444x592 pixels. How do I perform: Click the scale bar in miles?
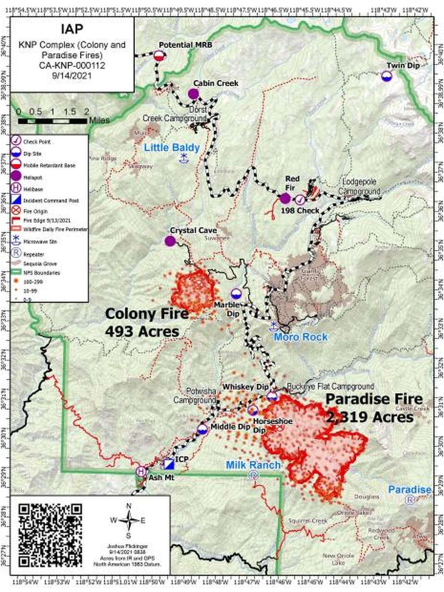(52, 121)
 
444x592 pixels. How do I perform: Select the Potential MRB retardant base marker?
(159, 55)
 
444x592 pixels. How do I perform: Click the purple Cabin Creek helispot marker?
(193, 94)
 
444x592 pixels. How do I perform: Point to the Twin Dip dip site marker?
(387, 76)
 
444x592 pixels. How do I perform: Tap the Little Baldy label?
(172, 148)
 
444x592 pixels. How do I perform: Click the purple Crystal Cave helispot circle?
(170, 241)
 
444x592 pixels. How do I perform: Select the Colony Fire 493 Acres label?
(147, 322)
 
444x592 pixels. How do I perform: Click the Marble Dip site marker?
(236, 293)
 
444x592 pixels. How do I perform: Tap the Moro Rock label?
(301, 337)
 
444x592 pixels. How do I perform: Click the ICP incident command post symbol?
(168, 463)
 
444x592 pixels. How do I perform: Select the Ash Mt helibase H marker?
(141, 471)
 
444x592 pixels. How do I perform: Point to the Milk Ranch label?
(253, 465)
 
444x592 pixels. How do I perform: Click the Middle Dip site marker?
(202, 429)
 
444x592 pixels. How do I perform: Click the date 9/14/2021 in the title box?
(72, 75)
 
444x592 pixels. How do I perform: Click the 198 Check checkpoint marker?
(300, 200)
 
